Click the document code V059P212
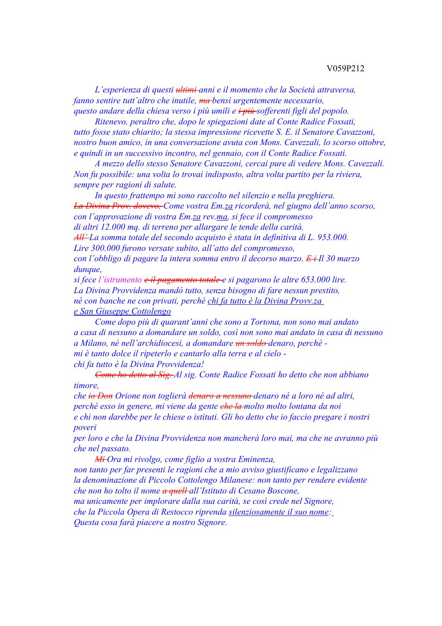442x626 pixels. pyautogui.click(x=345, y=69)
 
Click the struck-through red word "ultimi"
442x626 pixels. pyautogui.click(x=186, y=90)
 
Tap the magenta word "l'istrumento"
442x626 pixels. pyautogui.click(x=120, y=280)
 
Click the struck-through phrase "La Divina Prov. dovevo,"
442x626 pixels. pyautogui.click(x=118, y=206)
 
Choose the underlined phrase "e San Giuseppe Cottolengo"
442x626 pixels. pyautogui.click(x=122, y=311)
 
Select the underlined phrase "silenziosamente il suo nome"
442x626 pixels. pyautogui.click(x=278, y=512)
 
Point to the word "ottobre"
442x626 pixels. pyautogui.click(x=371, y=142)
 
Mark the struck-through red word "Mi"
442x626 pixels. pyautogui.click(x=100, y=459)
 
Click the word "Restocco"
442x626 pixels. pyautogui.click(x=209, y=512)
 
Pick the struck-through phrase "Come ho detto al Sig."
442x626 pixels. pyautogui.click(x=133, y=375)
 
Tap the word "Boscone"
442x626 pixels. pyautogui.click(x=284, y=491)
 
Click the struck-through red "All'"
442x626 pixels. pyautogui.click(x=81, y=237)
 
